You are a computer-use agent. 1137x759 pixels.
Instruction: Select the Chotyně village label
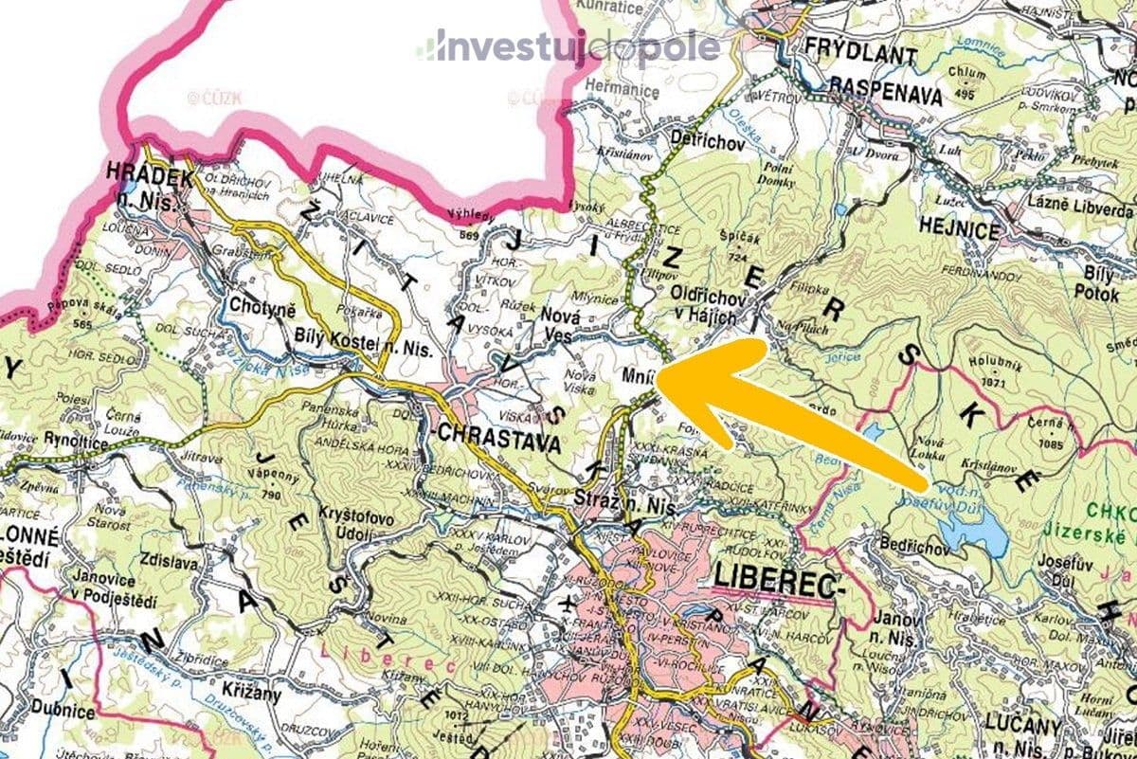point(262,308)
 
